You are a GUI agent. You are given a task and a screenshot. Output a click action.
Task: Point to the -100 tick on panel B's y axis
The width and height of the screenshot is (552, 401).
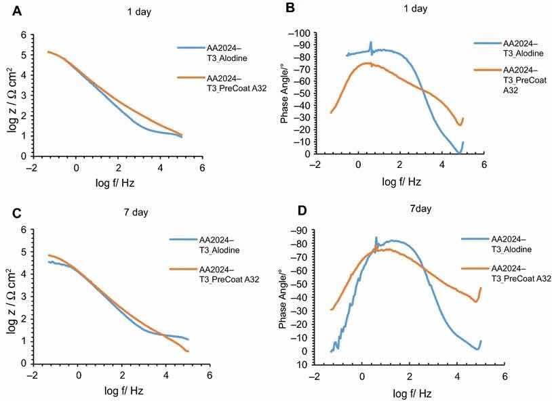click(313, 33)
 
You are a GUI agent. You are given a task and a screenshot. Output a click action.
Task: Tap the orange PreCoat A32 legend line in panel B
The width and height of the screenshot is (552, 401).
click(486, 69)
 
